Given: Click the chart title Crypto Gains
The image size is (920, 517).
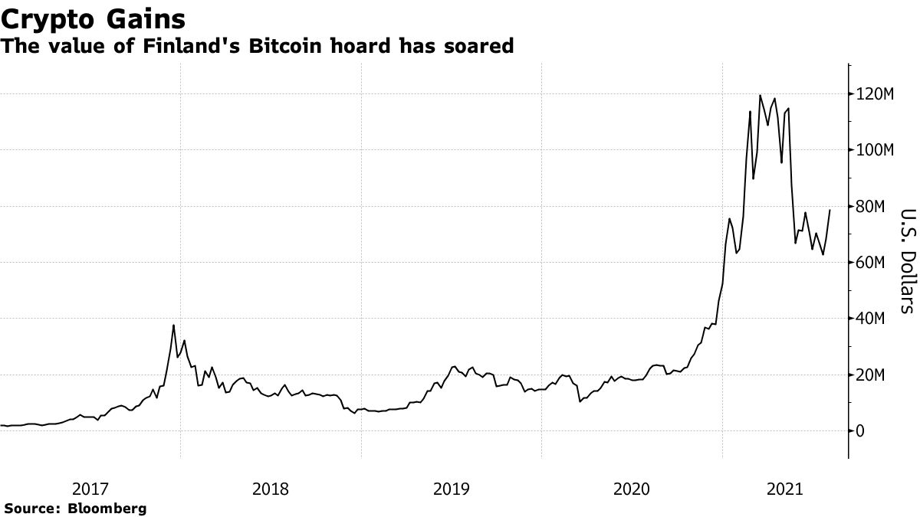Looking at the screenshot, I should coord(93,16).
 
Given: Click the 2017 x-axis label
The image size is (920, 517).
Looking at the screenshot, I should coord(90,488).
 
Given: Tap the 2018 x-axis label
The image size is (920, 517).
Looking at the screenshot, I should coord(271,488).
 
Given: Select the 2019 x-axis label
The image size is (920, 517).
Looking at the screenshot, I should coord(452,488).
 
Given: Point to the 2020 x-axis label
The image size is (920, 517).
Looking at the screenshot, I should coord(632,488).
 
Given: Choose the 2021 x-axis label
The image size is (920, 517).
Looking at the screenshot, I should coord(785,488).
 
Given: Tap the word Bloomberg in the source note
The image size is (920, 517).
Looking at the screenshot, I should coord(107,508).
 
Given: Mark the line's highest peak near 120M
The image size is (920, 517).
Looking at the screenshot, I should coord(760,96).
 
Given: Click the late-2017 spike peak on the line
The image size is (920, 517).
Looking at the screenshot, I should coord(174,326).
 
